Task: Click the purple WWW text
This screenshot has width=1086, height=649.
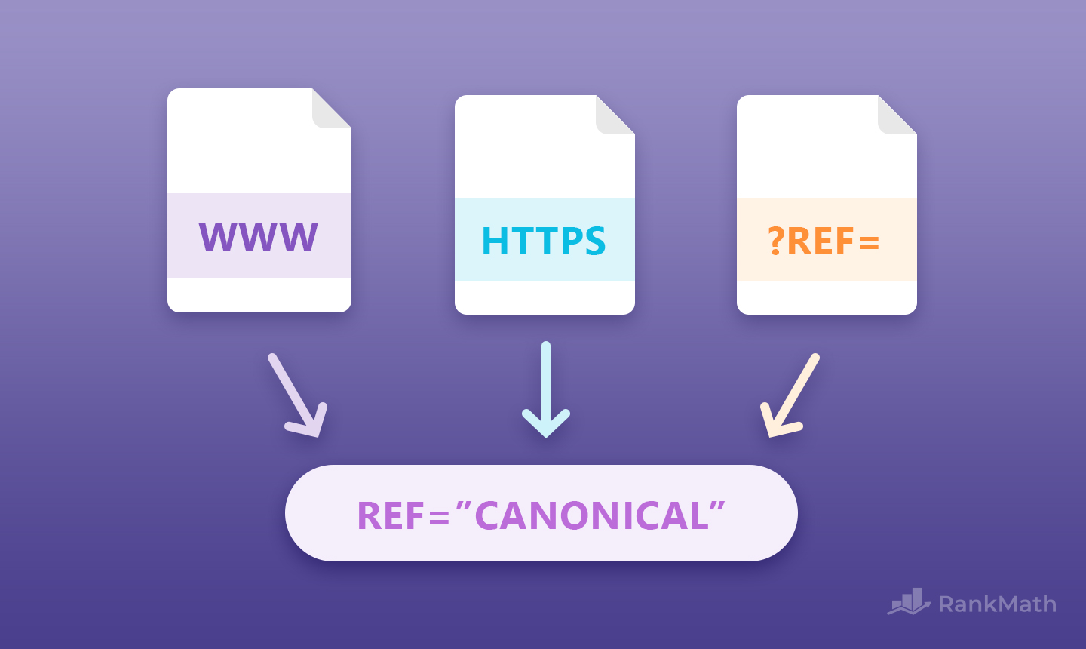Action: [259, 237]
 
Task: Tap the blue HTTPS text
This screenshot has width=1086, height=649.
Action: [544, 241]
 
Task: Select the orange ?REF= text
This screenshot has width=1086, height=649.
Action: [824, 241]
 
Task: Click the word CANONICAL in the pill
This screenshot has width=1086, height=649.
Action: [592, 516]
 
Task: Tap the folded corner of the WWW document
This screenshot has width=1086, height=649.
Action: [330, 110]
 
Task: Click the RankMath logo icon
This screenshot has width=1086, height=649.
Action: [910, 602]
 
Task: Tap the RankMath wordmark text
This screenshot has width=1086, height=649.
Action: [997, 604]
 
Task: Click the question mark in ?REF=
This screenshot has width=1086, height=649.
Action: [776, 241]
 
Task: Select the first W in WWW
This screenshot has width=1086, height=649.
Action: [219, 237]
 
